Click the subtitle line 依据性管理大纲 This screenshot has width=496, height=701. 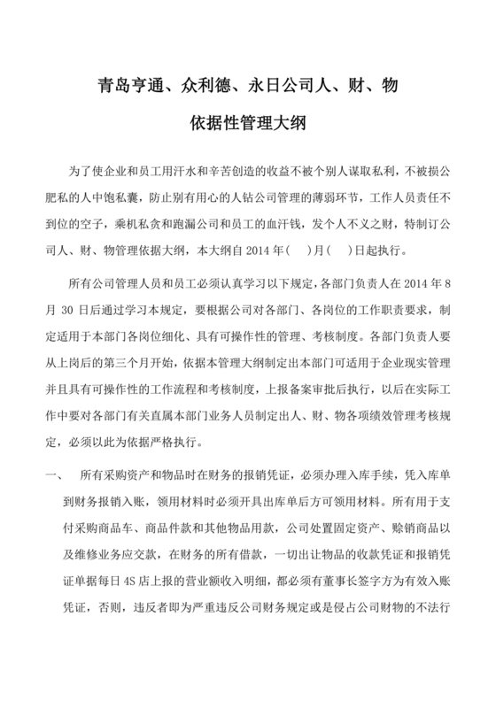point(247,123)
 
